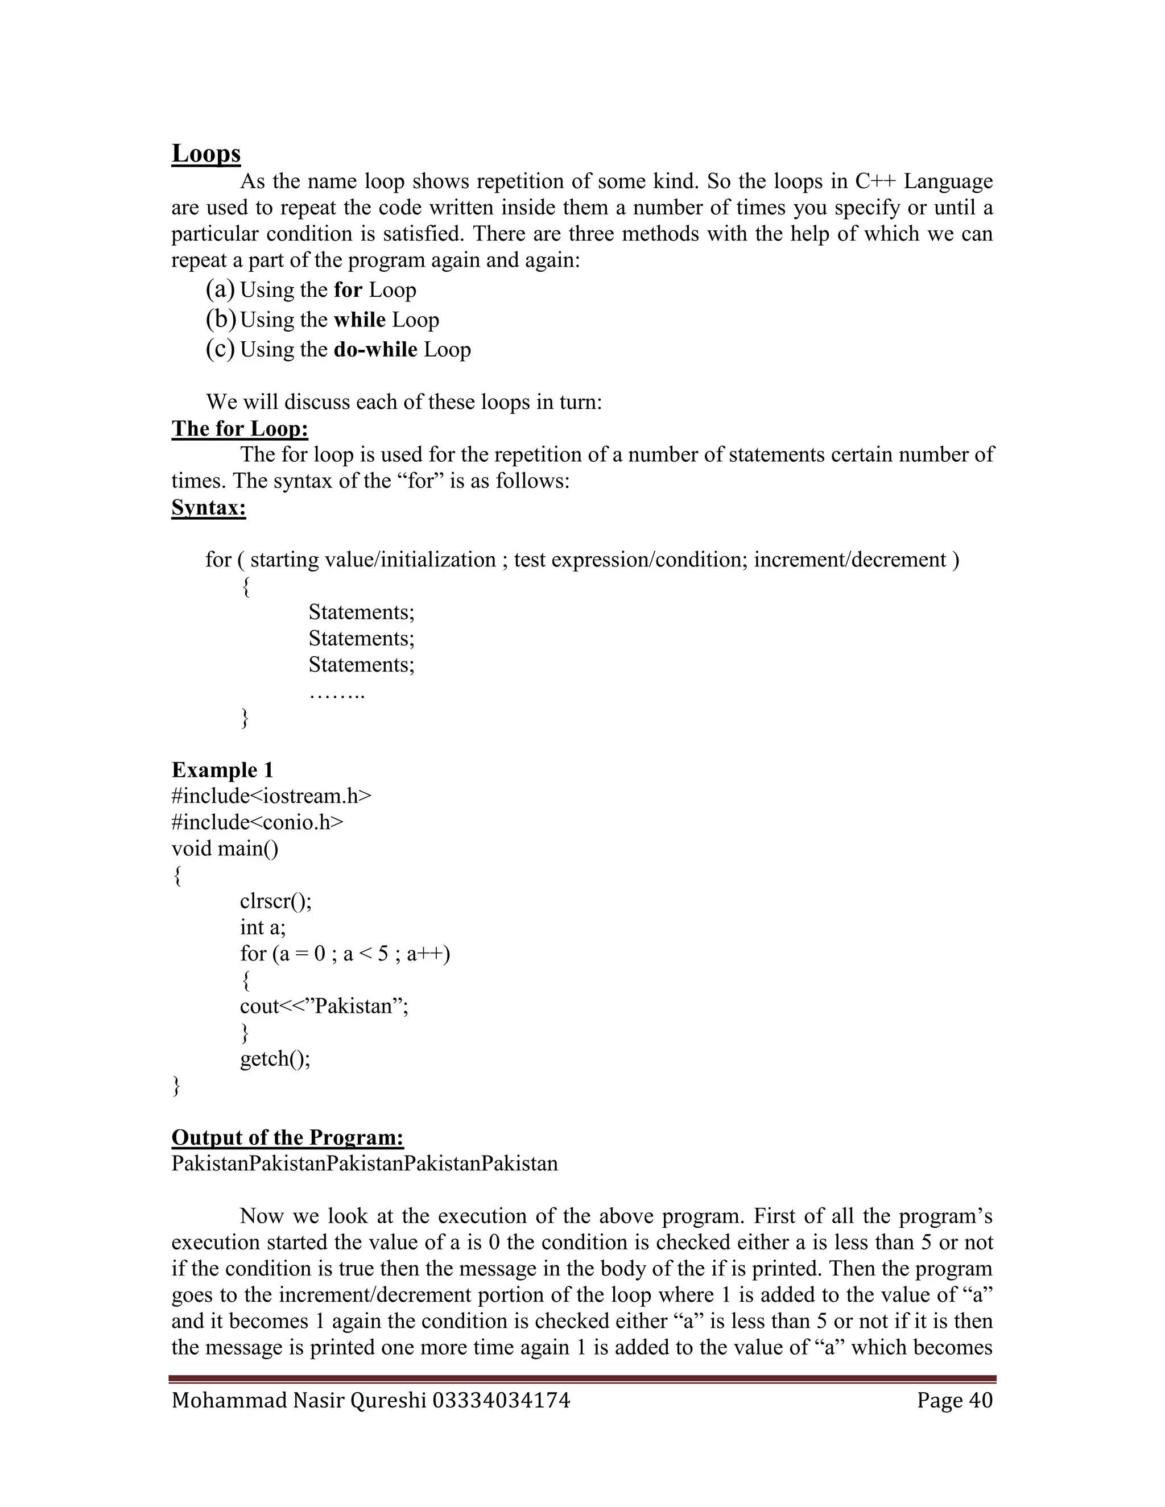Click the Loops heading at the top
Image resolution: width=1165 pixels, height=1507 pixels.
pyautogui.click(x=206, y=153)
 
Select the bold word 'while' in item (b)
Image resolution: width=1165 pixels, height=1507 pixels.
pyautogui.click(x=360, y=320)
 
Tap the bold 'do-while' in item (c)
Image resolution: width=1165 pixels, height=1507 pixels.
pyautogui.click(x=375, y=350)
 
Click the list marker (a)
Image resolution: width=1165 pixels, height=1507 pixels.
pyautogui.click(x=220, y=290)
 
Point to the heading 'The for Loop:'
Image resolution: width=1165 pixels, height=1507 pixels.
pyautogui.click(x=239, y=429)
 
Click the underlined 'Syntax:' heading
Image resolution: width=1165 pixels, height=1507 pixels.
pyautogui.click(x=208, y=508)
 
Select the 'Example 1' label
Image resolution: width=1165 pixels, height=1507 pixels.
pyautogui.click(x=222, y=770)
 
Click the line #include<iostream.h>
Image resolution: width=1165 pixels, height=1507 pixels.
pyautogui.click(x=271, y=796)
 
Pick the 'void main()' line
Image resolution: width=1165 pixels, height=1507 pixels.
pyautogui.click(x=225, y=848)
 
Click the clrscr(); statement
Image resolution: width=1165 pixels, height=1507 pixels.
pyautogui.click(x=275, y=901)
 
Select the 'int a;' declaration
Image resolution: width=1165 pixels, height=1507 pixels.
pyautogui.click(x=263, y=928)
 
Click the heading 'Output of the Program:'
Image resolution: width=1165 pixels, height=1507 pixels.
pyautogui.click(x=287, y=1137)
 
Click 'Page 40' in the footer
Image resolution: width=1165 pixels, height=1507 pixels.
pyautogui.click(x=955, y=1401)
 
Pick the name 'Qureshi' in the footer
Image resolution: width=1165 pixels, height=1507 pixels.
pyautogui.click(x=389, y=1401)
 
